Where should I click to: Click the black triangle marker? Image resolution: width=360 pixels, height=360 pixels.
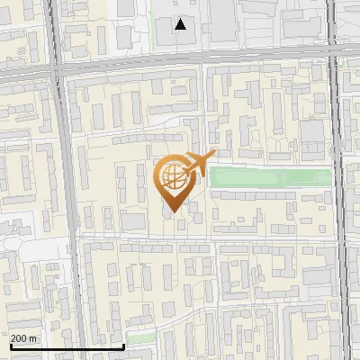181,24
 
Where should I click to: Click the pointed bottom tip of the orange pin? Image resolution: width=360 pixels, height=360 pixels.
171,212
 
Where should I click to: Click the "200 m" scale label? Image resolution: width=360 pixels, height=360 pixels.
24,338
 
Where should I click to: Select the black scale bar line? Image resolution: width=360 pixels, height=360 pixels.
67,346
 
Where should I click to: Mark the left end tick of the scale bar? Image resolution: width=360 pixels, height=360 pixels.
12,345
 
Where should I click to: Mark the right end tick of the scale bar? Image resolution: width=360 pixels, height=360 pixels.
123,345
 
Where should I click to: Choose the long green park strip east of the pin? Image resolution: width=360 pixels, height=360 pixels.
270,177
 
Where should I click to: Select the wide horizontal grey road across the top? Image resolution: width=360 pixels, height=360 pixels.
180,66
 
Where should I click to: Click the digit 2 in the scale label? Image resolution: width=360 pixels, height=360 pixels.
13,338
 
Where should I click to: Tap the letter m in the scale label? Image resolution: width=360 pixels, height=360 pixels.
33,339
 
